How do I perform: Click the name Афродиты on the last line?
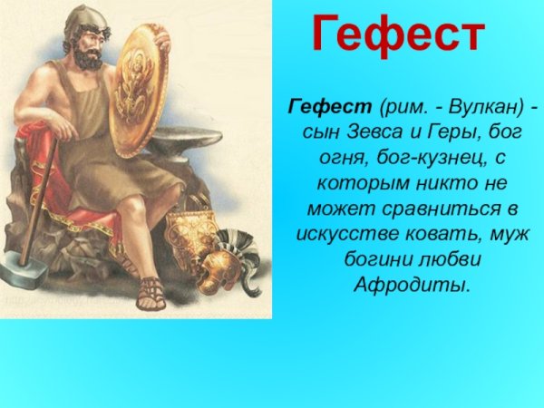tap(413, 285)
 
